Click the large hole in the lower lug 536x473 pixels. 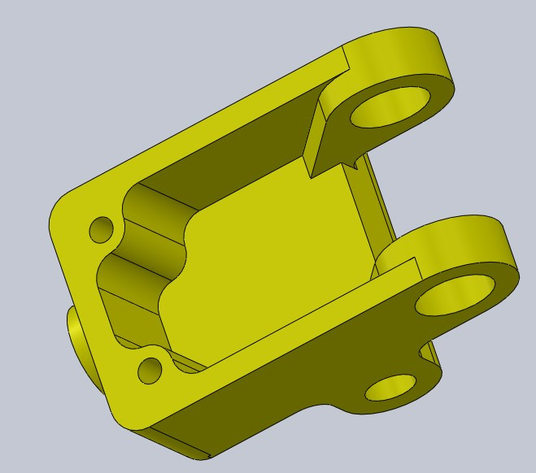(455, 295)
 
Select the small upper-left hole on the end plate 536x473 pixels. (102, 229)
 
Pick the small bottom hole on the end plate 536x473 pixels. (150, 371)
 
